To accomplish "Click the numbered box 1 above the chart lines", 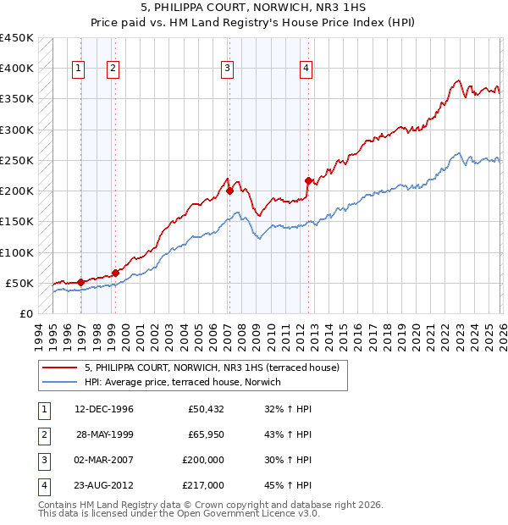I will tap(78, 69).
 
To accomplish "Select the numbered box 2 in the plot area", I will tap(113, 69).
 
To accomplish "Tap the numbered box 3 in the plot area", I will tap(228, 69).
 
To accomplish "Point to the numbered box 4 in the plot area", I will tap(306, 69).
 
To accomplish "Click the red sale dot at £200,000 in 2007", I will tap(229, 191).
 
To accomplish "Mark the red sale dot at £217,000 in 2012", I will tap(308, 180).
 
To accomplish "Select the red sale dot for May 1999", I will tap(115, 273).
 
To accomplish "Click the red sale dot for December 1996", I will tap(80, 282).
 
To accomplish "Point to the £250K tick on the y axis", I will tap(16, 160).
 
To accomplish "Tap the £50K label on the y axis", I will tap(19, 283).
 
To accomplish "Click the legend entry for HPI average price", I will tap(187, 382).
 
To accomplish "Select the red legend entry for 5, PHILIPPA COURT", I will tap(212, 367).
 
